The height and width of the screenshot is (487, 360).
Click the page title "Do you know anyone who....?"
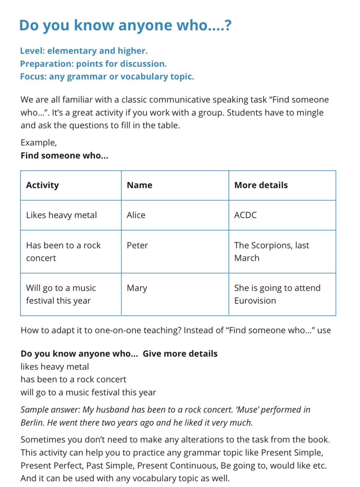pyautogui.click(x=125, y=25)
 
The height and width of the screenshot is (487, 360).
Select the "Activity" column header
pyautogui.click(x=43, y=185)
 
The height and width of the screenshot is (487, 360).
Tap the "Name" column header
pyautogui.click(x=139, y=185)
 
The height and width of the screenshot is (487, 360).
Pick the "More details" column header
pyautogui.click(x=261, y=185)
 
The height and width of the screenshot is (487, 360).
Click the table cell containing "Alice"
pyautogui.click(x=136, y=215)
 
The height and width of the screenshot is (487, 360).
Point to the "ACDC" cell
pyautogui.click(x=245, y=215)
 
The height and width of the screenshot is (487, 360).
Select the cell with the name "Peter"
pyautogui.click(x=137, y=245)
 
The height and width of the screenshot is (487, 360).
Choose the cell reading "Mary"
pyautogui.click(x=137, y=288)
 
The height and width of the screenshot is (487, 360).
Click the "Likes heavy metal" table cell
pyautogui.click(x=62, y=215)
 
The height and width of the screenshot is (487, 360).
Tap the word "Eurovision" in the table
pyautogui.click(x=255, y=301)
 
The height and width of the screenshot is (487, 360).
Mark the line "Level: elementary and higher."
pyautogui.click(x=84, y=51)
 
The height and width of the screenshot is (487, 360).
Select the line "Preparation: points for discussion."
pyautogui.click(x=94, y=64)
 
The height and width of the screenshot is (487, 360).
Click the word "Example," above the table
pyautogui.click(x=38, y=143)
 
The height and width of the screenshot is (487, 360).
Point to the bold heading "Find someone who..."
pyautogui.click(x=64, y=156)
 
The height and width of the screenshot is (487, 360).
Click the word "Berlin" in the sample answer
pyautogui.click(x=32, y=422)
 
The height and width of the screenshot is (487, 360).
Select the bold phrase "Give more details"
pyautogui.click(x=180, y=353)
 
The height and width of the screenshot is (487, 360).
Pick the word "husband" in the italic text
pyautogui.click(x=114, y=410)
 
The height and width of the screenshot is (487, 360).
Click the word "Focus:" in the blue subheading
pyautogui.click(x=33, y=76)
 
